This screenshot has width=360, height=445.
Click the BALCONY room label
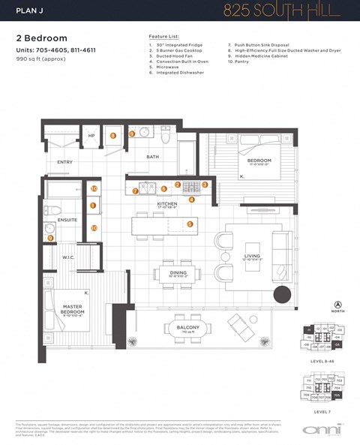pyautogui.click(x=188, y=328)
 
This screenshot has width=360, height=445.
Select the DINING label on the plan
pyautogui.click(x=178, y=272)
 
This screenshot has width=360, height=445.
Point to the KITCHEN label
pyautogui.click(x=166, y=203)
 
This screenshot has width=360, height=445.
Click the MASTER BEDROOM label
pyautogui.click(x=73, y=307)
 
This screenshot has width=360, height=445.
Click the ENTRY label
pyautogui.click(x=64, y=161)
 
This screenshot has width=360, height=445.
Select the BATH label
pyautogui.click(x=153, y=157)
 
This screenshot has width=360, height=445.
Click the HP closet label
pyautogui.click(x=91, y=136)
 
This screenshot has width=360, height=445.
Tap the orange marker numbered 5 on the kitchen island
pyautogui.click(x=190, y=223)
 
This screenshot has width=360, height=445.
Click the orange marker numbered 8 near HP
pyautogui.click(x=113, y=136)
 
